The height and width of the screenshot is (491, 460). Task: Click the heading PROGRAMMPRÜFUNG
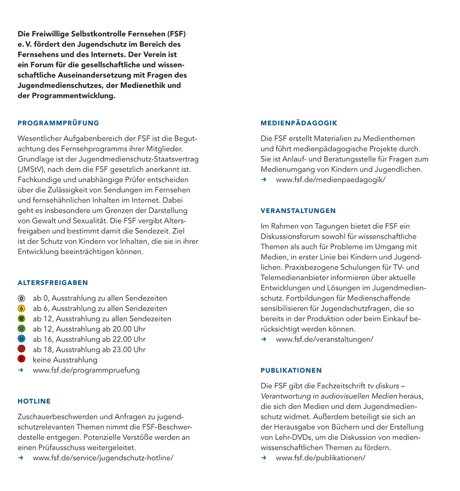[x=58, y=123]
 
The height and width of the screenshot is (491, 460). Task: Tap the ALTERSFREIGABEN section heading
[x=53, y=283]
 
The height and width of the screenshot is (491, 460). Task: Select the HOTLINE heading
[x=34, y=401]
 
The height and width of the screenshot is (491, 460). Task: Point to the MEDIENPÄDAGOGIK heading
[x=299, y=123]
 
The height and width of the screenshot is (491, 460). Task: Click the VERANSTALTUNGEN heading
[x=298, y=211]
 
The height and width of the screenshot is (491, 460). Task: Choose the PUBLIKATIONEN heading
[x=291, y=370]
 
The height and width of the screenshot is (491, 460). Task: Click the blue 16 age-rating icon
[x=21, y=339]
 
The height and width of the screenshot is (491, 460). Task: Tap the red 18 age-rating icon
[x=21, y=349]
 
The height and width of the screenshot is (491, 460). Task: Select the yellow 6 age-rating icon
[x=21, y=308]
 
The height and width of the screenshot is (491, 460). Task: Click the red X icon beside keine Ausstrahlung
[x=21, y=359]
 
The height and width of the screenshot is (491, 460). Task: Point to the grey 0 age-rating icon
[x=21, y=298]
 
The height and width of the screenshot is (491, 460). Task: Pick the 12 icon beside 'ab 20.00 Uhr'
[x=21, y=329]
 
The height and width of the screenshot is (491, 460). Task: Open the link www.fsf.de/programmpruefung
[x=86, y=370]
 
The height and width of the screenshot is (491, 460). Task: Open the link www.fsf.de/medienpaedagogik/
[x=330, y=179]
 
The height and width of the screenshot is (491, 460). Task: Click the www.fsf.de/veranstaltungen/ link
[x=324, y=339]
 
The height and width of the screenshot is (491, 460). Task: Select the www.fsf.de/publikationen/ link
[x=320, y=457]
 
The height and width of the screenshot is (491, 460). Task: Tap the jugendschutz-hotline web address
[x=103, y=457]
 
